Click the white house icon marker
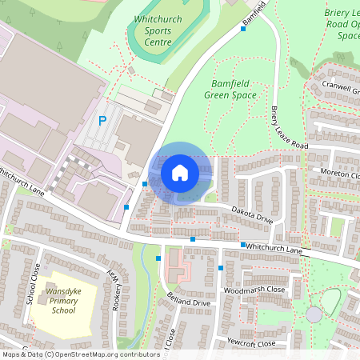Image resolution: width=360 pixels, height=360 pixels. pyautogui.click(x=180, y=173)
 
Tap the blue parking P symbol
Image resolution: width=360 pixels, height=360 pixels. pyautogui.click(x=102, y=121)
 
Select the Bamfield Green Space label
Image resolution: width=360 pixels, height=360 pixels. pyautogui.click(x=234, y=89)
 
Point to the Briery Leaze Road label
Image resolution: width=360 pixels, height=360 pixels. pyautogui.click(x=289, y=128)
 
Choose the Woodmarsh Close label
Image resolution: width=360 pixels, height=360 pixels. pyautogui.click(x=254, y=290)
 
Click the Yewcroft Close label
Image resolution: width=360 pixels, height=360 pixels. pyautogui.click(x=250, y=343)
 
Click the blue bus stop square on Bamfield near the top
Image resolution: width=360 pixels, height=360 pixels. pyautogui.click(x=243, y=29)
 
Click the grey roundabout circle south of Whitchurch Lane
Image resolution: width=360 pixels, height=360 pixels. pyautogui.click(x=314, y=314)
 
